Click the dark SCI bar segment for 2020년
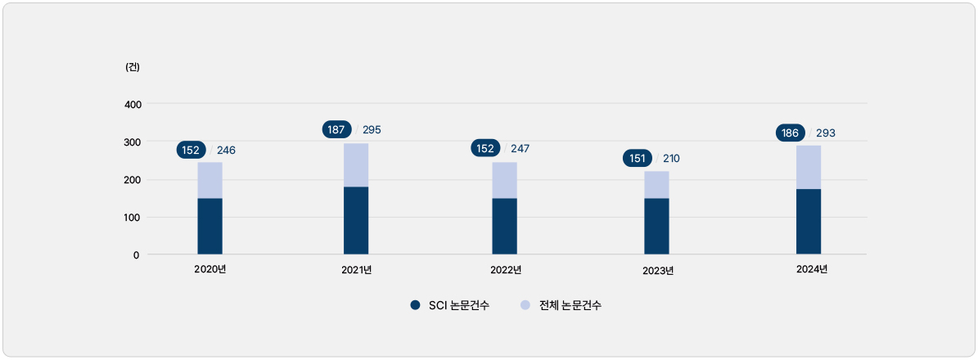click(x=210, y=226)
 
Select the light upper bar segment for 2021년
click(x=356, y=165)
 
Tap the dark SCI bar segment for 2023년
click(x=656, y=226)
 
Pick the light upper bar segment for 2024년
click(x=809, y=168)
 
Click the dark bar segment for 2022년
click(x=504, y=226)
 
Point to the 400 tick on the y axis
click(x=133, y=104)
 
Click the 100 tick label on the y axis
click(x=133, y=217)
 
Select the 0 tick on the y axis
click(x=136, y=254)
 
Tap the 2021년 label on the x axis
click(x=356, y=270)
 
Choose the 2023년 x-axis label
click(x=657, y=271)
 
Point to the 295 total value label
click(x=372, y=130)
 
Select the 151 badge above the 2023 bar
click(x=637, y=159)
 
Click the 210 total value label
click(x=670, y=159)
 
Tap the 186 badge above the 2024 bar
click(x=789, y=133)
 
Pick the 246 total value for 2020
click(x=226, y=151)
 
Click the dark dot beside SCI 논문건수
click(x=415, y=306)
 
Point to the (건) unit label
click(x=133, y=67)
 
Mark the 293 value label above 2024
click(x=825, y=133)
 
